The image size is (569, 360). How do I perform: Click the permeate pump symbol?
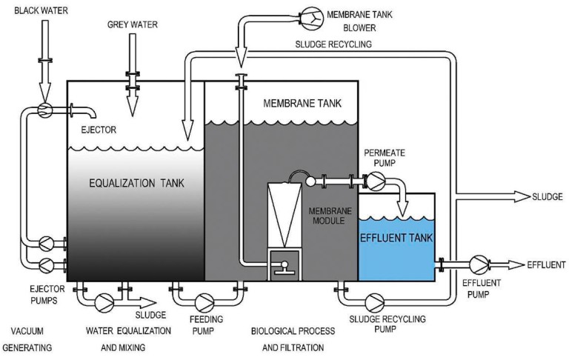click(377, 180)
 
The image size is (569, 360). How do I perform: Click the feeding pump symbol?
click(204, 301)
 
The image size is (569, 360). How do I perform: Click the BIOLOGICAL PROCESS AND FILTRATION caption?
click(288, 337)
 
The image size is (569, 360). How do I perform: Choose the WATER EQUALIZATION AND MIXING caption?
click(122, 337)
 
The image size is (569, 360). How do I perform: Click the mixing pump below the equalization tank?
click(104, 301)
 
